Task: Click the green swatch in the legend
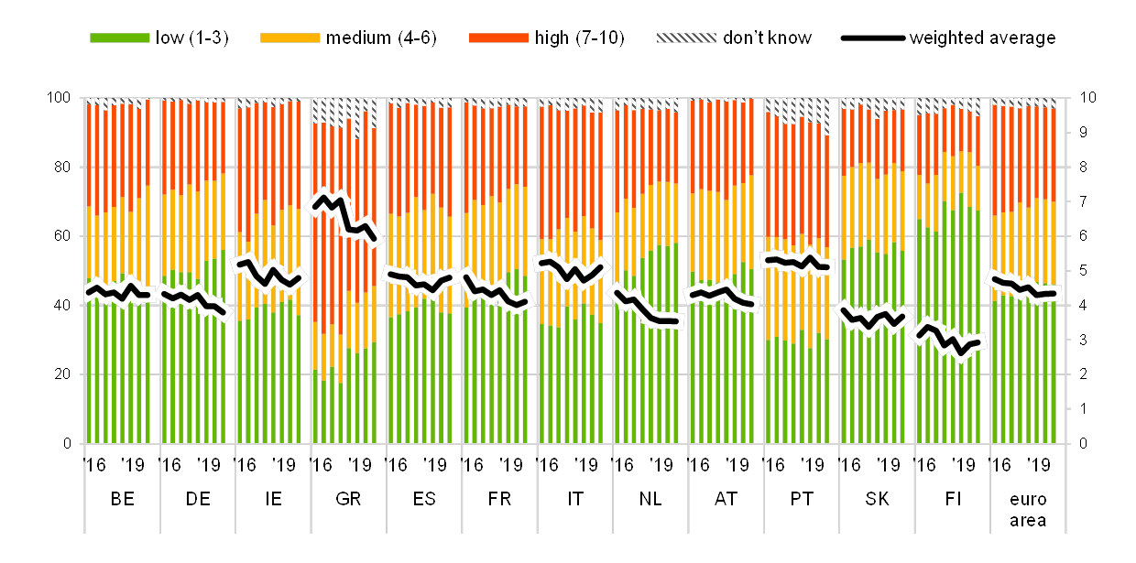point(119,38)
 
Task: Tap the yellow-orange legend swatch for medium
point(289,38)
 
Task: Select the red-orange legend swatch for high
point(498,38)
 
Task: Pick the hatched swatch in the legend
point(686,38)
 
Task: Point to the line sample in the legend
point(872,38)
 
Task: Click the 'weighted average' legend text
point(982,38)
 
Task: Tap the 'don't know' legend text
point(767,38)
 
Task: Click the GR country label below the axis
point(348,499)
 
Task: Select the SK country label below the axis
point(877,499)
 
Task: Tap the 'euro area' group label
point(1028,509)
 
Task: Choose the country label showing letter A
point(721,499)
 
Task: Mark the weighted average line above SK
point(875,319)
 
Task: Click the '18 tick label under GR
point(364,464)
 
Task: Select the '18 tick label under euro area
point(1043,464)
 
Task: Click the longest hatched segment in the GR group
point(356,120)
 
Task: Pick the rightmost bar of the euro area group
point(1054,275)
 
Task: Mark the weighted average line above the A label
point(721,295)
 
